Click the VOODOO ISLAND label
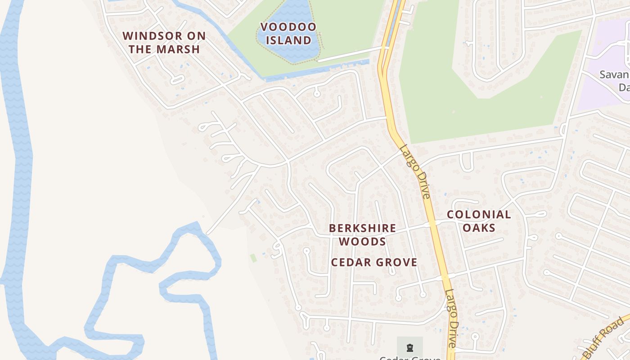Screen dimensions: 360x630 click(288, 34)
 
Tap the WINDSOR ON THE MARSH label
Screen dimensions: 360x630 click(164, 43)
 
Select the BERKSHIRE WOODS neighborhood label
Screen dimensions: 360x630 click(363, 235)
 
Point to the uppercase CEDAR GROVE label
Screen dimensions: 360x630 click(374, 262)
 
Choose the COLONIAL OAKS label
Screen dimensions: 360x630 click(479, 221)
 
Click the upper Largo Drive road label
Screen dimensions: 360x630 click(415, 171)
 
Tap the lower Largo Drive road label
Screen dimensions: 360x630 click(451, 317)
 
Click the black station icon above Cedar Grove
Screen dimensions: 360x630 click(409, 347)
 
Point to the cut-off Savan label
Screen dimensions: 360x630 click(615, 75)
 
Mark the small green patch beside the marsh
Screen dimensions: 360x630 click(253, 258)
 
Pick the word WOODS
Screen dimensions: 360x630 click(363, 242)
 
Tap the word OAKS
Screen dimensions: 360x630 click(479, 228)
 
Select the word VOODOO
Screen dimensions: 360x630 click(288, 27)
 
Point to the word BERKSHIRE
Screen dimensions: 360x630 click(363, 228)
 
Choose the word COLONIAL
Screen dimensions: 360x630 click(479, 215)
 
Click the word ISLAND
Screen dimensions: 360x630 click(288, 40)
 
